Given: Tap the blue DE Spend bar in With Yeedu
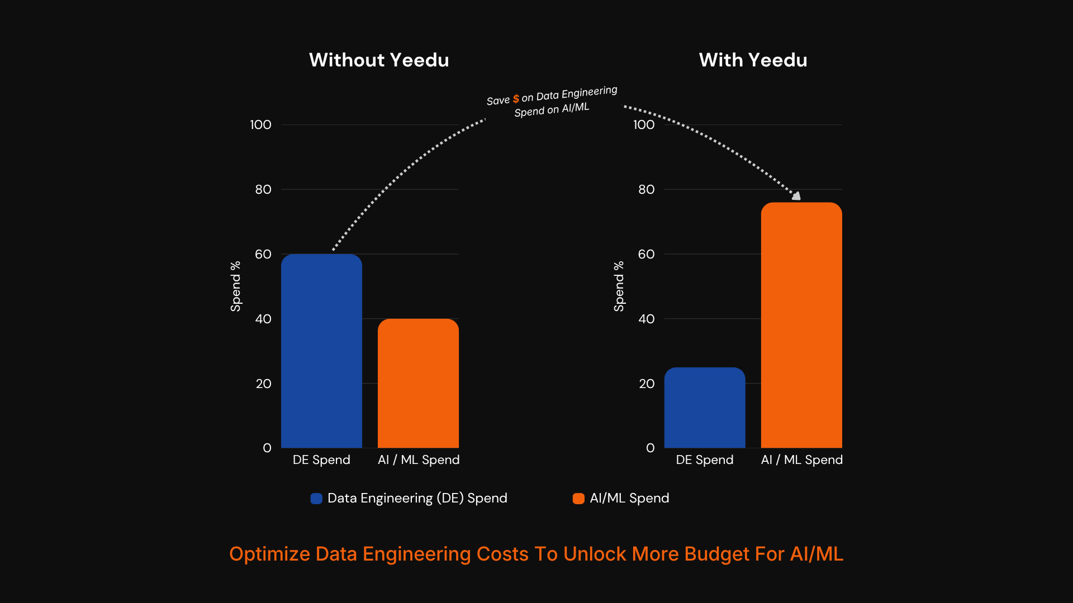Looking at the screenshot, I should [x=705, y=408].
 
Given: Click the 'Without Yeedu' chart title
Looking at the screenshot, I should [x=379, y=60].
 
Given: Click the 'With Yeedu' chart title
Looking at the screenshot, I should [x=753, y=60].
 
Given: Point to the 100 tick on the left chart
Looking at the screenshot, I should [x=260, y=125].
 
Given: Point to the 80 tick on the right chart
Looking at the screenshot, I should [x=646, y=189].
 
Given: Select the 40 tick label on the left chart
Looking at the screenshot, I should [x=263, y=319].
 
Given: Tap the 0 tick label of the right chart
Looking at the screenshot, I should [x=650, y=448].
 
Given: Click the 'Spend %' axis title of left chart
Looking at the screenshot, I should [x=235, y=286].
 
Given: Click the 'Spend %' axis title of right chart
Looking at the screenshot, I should [x=619, y=286].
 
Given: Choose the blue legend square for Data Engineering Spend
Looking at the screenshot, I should [x=316, y=499].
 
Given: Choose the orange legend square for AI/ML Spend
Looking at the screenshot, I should [x=578, y=499].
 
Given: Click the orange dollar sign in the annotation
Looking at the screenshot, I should [x=516, y=99].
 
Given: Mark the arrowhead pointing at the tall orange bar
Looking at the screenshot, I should [x=796, y=195].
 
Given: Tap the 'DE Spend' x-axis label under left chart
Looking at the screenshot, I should [x=321, y=460].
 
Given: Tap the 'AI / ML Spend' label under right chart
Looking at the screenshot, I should [x=801, y=460].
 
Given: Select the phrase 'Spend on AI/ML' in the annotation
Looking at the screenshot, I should [x=552, y=109].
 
